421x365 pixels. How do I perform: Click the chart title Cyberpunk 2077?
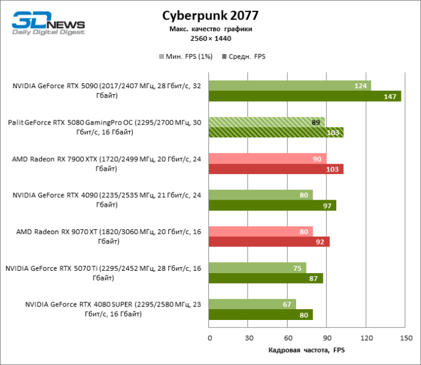tap(210, 15)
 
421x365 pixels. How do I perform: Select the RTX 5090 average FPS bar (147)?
tap(305, 96)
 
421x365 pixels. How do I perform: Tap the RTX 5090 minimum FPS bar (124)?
tap(289, 86)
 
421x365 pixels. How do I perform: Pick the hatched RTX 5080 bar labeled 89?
tap(267, 122)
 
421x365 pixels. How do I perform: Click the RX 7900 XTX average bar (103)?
tap(276, 169)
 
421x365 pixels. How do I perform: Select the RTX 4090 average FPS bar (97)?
tap(272, 206)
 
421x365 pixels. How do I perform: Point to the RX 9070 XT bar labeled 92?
tap(269, 242)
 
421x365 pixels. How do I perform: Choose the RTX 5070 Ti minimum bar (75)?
tap(257, 268)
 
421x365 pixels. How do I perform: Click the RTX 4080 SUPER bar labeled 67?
tap(252, 304)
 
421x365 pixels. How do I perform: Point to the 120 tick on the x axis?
tap(366, 338)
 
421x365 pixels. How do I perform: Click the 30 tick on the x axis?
tap(248, 338)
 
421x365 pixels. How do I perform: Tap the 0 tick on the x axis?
tap(209, 338)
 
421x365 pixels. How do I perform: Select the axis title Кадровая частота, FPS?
tap(306, 351)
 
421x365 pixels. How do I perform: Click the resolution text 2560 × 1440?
tap(210, 38)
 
